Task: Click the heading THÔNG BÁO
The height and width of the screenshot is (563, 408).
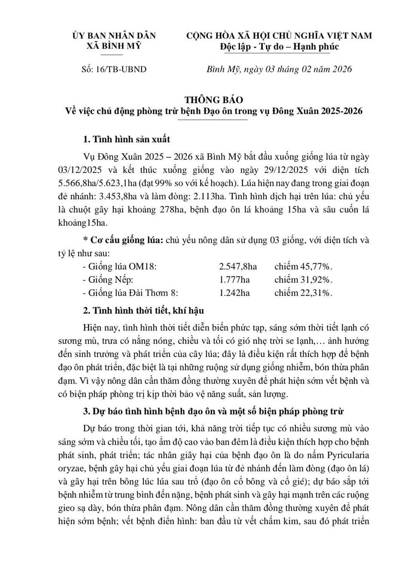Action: click(x=213, y=100)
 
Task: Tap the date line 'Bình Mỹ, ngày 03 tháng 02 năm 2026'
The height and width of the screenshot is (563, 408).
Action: click(x=279, y=69)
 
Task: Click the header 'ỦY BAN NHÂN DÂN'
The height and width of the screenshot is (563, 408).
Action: click(x=114, y=36)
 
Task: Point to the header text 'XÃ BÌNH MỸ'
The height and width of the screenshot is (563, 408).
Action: click(x=114, y=46)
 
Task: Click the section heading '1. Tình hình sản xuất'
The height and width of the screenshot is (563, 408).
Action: click(x=126, y=139)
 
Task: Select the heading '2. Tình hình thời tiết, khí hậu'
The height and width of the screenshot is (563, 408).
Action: click(x=143, y=310)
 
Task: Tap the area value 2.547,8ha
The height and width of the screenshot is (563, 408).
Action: click(x=238, y=266)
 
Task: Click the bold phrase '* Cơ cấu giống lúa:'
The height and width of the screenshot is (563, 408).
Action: click(x=123, y=240)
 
